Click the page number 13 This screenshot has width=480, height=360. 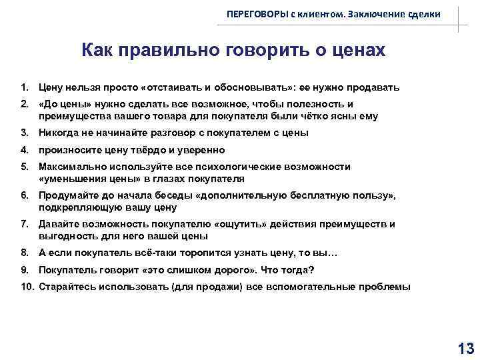465,347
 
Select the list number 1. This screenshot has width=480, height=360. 24,87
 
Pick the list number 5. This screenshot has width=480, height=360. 24,167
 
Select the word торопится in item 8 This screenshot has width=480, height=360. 181,253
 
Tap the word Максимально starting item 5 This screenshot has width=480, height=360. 69,167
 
